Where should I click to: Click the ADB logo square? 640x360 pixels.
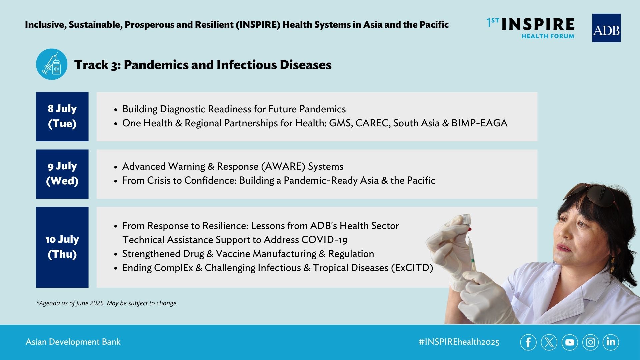606,28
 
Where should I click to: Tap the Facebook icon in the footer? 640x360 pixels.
528,342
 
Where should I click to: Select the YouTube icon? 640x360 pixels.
570,342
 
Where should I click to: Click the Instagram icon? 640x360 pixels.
590,342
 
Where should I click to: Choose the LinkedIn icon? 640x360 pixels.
611,342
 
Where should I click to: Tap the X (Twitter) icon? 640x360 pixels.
549,342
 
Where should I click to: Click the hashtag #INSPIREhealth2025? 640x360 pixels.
459,342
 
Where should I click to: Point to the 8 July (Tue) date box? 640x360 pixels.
62,117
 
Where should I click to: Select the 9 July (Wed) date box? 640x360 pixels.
62,174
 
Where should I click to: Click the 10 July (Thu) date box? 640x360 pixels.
62,247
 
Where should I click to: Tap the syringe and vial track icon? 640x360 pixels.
52,64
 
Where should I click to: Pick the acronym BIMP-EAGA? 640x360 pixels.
479,123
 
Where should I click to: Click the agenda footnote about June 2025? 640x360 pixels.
107,303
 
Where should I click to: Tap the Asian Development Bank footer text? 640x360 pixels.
73,342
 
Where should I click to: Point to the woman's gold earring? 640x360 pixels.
613,265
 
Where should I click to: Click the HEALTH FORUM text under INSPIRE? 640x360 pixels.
548,36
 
